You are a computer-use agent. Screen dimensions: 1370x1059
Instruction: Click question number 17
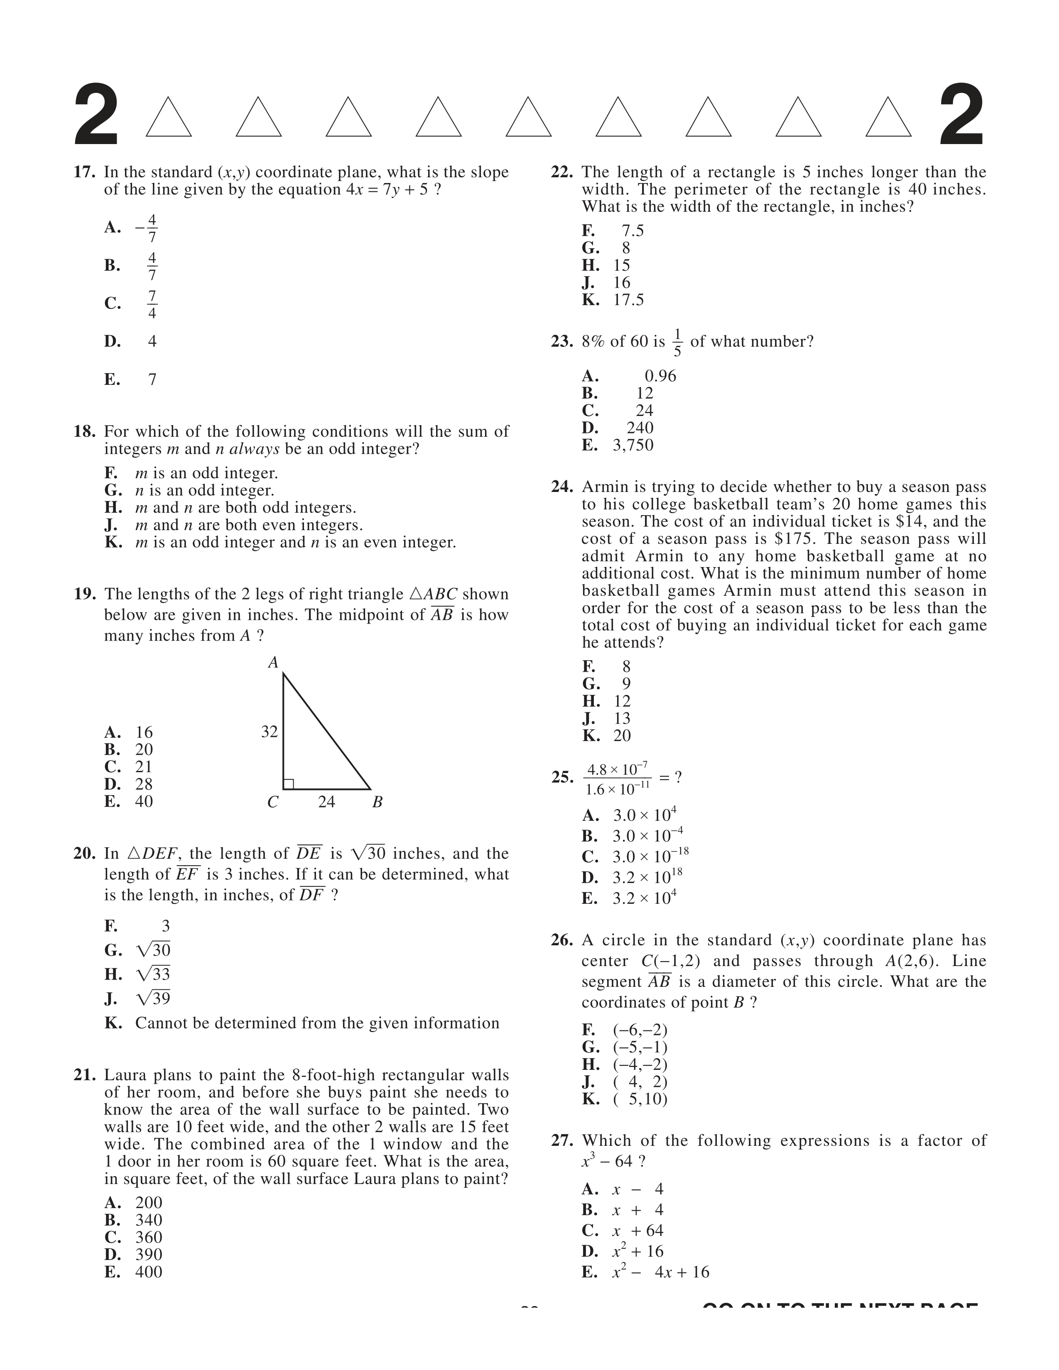[x=84, y=172]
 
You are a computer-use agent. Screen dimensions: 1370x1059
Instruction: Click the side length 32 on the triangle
[x=269, y=731]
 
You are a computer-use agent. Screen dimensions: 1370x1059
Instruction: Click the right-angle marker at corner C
[x=289, y=783]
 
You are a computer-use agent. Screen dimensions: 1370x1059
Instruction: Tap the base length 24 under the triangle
[x=326, y=802]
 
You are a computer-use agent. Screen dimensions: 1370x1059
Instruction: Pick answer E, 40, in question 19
[x=144, y=802]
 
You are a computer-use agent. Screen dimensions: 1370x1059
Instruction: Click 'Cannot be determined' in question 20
[x=317, y=1023]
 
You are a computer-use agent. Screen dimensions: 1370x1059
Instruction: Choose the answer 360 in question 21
[x=149, y=1237]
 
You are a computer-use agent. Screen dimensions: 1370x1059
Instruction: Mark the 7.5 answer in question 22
[x=632, y=231]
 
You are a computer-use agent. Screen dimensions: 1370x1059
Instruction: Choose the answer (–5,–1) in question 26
[x=640, y=1047]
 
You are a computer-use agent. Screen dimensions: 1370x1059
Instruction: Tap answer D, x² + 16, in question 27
[x=638, y=1251]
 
